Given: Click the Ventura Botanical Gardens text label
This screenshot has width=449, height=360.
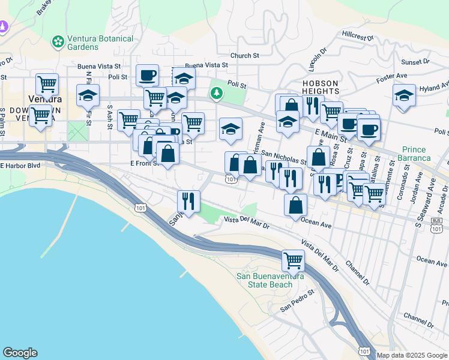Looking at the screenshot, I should [100, 43].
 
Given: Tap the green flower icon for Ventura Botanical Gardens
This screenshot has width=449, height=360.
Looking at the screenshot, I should [58, 41].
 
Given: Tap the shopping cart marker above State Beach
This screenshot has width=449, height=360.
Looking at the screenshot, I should [293, 261].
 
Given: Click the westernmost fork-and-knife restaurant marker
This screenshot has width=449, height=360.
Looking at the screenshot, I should [188, 202].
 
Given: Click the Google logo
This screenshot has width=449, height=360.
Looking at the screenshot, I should [20, 353].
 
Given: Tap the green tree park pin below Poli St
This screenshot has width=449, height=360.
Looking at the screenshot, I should [216, 93].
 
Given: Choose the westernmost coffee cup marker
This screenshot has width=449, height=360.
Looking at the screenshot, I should [147, 76].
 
